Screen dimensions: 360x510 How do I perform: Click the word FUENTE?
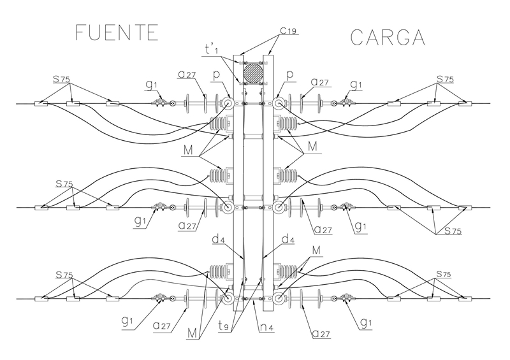[116, 32]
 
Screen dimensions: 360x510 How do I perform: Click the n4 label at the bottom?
[270, 329]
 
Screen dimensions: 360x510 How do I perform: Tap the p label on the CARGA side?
[291, 75]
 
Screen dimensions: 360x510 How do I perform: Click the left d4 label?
[218, 239]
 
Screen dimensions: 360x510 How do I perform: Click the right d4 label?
[289, 239]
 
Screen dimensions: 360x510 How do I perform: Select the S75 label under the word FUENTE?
[61, 80]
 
